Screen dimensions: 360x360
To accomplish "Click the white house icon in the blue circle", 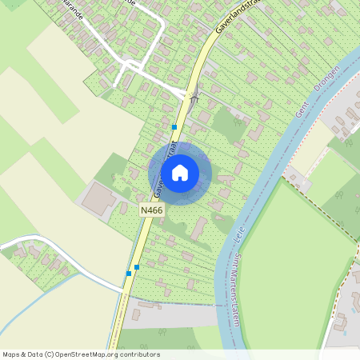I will point(180,171).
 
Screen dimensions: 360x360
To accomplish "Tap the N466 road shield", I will point(150,210).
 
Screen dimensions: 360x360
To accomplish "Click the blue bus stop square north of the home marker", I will point(174,126).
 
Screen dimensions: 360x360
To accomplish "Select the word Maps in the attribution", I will point(11,354).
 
